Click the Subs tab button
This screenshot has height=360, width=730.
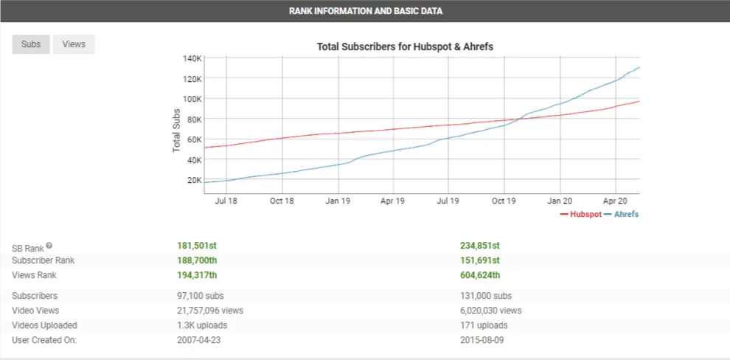pos(31,44)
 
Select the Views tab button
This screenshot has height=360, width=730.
pos(74,44)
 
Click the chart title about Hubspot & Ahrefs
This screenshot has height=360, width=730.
pos(405,46)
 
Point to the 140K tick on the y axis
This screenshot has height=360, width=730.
pos(192,58)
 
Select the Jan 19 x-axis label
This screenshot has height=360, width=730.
pos(338,200)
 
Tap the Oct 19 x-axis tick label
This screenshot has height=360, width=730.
pos(504,200)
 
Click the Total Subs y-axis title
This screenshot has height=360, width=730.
pos(177,129)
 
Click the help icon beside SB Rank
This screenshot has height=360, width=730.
pos(49,246)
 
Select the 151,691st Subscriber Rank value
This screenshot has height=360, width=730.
pos(479,260)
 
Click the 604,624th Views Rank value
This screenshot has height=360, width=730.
pos(480,275)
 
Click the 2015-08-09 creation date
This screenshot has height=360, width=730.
pos(482,340)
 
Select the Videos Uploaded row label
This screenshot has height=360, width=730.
pos(44,325)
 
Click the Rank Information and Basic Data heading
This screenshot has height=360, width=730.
pos(365,11)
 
